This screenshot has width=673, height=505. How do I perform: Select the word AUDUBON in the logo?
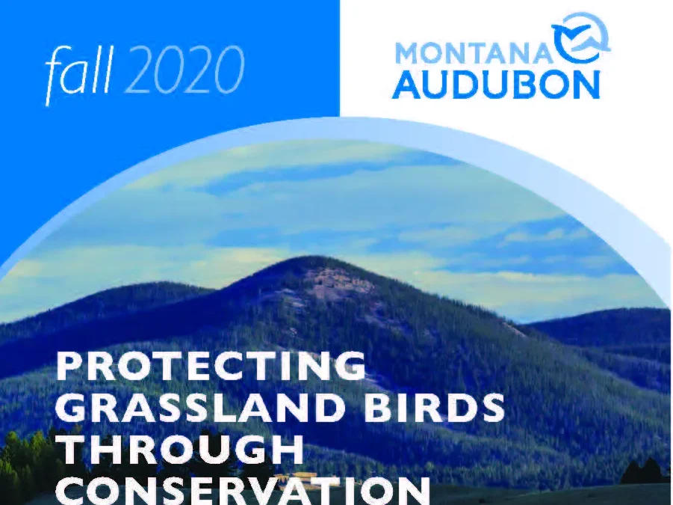point(496,85)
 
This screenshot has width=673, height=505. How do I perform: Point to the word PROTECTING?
point(211,366)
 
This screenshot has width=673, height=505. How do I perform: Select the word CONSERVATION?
point(244,489)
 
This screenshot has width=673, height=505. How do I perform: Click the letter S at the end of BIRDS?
point(492,406)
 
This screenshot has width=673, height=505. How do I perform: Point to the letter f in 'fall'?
point(58,73)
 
